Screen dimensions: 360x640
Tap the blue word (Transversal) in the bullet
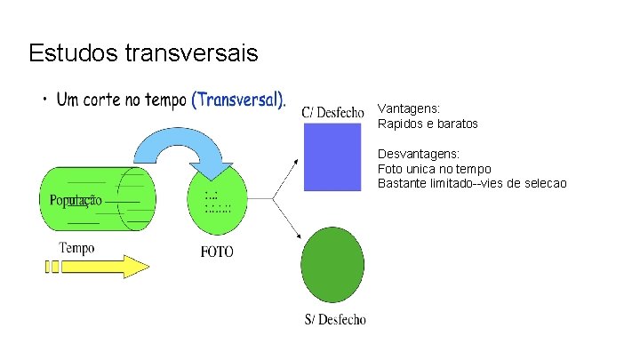[239, 100]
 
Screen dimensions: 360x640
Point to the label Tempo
[76, 248]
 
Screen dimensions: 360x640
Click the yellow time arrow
[98, 267]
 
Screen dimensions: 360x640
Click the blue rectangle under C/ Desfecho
[332, 156]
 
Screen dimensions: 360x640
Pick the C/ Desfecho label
[332, 112]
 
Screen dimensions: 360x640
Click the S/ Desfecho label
[334, 320]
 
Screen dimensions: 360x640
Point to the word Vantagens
[408, 108]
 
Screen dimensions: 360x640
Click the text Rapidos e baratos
[428, 124]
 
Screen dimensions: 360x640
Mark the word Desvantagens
[419, 154]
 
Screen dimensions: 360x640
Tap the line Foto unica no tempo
[434, 169]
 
